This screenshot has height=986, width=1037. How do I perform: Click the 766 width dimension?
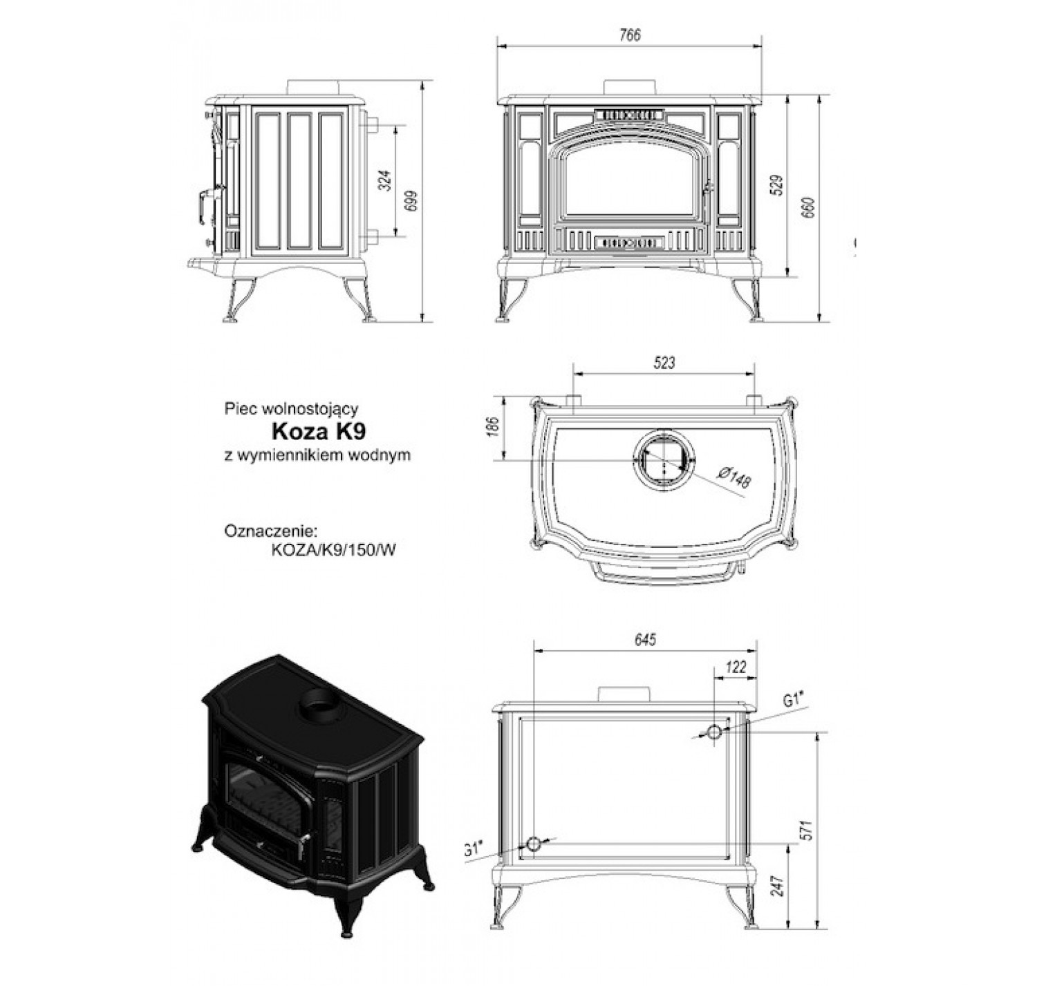(x=630, y=36)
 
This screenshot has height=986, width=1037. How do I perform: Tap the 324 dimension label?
(x=386, y=180)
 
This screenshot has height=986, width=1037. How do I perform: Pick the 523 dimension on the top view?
(x=663, y=362)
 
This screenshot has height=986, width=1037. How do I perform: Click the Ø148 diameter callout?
(x=734, y=477)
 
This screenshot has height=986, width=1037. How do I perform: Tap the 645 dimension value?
(x=644, y=640)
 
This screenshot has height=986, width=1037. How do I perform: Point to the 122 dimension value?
(x=737, y=667)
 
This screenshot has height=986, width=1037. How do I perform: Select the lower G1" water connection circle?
(x=534, y=844)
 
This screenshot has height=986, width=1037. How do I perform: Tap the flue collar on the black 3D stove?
(x=318, y=701)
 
